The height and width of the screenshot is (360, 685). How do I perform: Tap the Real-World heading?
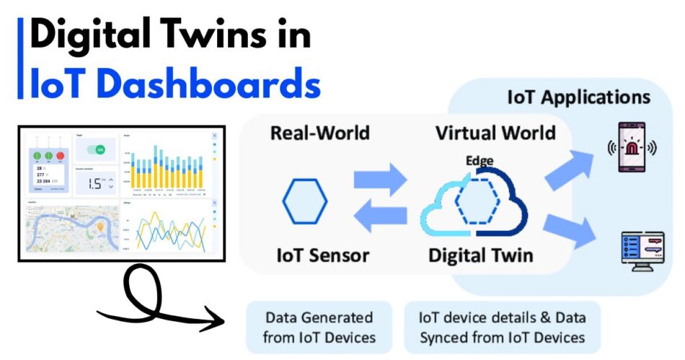(x=319, y=133)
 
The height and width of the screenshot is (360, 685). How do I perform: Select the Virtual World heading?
(x=495, y=133)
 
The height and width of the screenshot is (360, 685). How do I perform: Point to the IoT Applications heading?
(x=578, y=97)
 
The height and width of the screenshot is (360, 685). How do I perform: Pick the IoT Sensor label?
(x=323, y=255)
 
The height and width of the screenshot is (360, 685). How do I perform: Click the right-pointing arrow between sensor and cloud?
(x=380, y=180)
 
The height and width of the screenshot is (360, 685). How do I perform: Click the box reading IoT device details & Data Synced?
(x=502, y=327)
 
